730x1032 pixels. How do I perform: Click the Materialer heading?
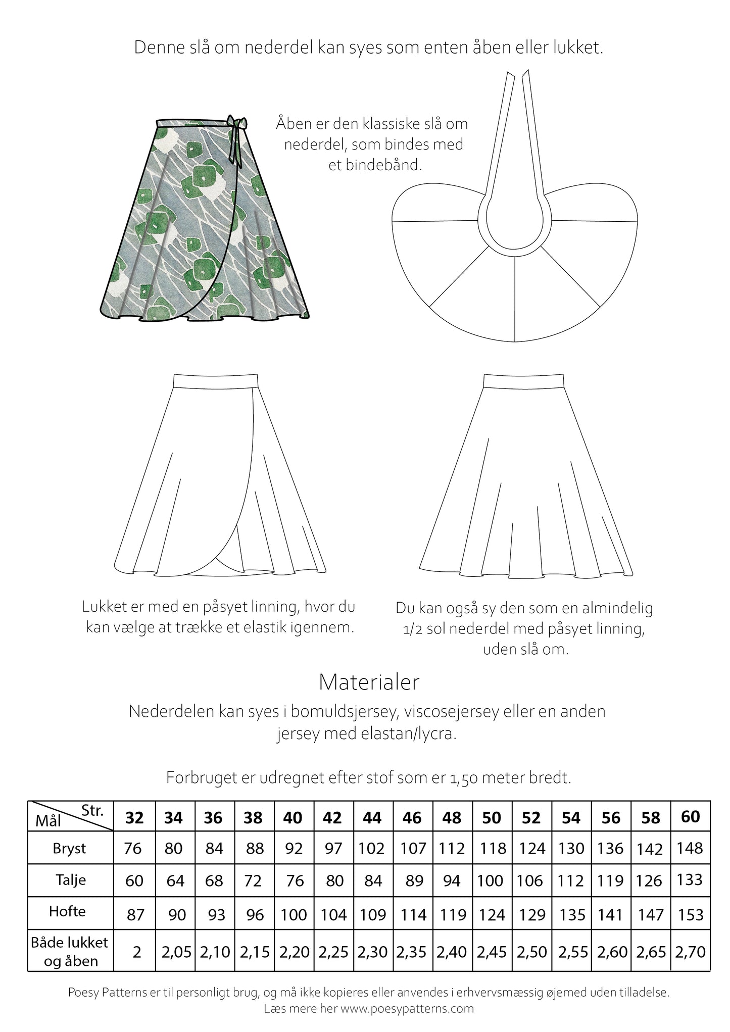click(x=369, y=682)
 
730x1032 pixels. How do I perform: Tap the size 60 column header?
click(x=691, y=817)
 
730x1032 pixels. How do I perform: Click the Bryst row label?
click(x=70, y=848)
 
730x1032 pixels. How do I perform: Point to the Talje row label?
click(x=71, y=880)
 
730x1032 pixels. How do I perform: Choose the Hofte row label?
click(x=67, y=911)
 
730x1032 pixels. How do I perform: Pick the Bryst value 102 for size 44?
click(x=372, y=848)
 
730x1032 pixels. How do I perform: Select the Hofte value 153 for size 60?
click(x=691, y=914)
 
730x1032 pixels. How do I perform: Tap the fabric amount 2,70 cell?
click(x=691, y=952)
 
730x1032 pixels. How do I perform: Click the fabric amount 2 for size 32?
click(x=136, y=952)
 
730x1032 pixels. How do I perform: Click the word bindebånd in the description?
click(x=388, y=165)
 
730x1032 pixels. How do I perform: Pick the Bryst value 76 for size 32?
click(x=133, y=848)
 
